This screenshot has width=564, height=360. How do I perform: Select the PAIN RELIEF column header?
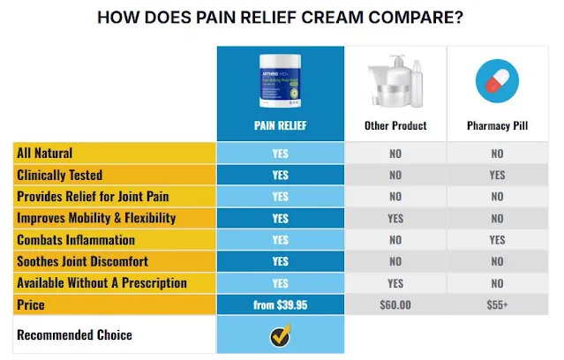click(x=280, y=126)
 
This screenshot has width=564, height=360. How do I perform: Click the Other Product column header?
click(x=395, y=126)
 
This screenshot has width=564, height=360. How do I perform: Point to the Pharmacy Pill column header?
click(x=497, y=126)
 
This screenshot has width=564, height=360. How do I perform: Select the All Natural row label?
click(x=45, y=154)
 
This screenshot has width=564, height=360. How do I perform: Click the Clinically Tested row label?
click(x=59, y=175)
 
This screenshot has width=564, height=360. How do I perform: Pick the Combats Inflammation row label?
click(x=77, y=240)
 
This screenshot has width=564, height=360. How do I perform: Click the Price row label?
click(x=31, y=304)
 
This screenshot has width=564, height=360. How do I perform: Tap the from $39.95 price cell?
click(x=280, y=304)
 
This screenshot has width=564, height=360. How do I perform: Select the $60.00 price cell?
click(x=395, y=304)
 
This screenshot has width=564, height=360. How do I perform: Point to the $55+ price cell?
click(x=497, y=304)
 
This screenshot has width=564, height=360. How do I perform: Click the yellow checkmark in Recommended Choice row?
click(x=280, y=336)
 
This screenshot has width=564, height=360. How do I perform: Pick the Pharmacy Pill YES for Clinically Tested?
click(x=497, y=175)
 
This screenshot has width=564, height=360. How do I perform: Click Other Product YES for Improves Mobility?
click(x=395, y=218)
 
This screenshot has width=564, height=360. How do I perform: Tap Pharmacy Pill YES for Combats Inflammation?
click(x=497, y=240)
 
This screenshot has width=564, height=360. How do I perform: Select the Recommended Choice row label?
click(x=75, y=335)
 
